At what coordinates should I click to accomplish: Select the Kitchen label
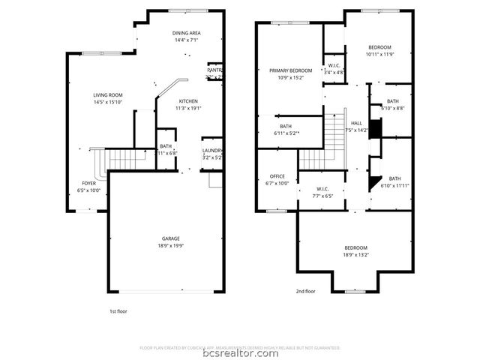pos(187,100)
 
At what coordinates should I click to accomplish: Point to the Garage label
pos(171,238)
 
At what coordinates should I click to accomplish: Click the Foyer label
pos(88,183)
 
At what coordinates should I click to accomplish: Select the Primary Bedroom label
pos(290,70)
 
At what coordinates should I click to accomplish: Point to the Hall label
pos(356,123)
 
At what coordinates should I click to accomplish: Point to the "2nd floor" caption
pos(305,291)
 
